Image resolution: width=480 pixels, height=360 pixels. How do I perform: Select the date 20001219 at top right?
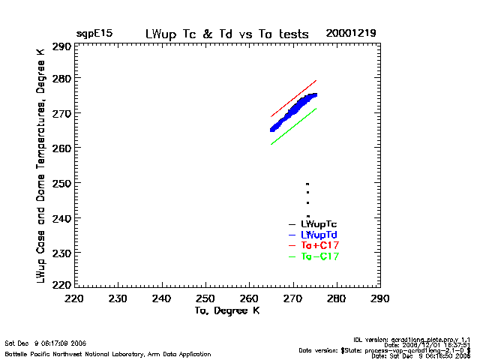351,34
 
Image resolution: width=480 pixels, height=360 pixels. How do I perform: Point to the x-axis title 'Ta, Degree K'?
227,310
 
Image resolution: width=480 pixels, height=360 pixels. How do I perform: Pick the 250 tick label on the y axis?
61,183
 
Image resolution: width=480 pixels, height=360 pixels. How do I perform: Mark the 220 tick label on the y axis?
61,285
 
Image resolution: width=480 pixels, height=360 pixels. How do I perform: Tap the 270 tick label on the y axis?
61,113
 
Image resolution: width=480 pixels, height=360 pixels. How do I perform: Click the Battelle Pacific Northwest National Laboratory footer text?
108,353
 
